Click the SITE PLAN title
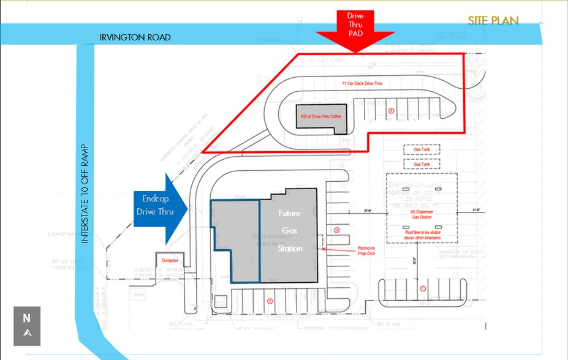click(x=493, y=21)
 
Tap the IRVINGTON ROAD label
click(x=135, y=38)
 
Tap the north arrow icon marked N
click(x=26, y=325)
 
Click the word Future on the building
click(x=289, y=214)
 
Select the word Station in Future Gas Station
click(x=289, y=249)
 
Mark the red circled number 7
click(x=422, y=288)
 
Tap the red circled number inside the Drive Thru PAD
click(x=391, y=110)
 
